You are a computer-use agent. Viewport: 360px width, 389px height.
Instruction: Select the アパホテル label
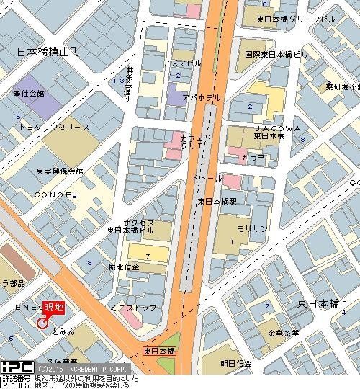point(195,97)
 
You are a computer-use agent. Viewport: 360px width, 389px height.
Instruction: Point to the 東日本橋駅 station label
point(222,201)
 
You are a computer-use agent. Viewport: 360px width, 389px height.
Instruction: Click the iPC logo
point(16,367)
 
